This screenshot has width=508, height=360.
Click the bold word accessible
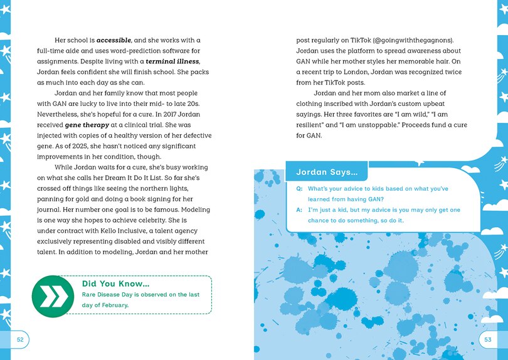pos(114,40)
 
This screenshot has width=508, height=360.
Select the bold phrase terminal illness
pos(172,61)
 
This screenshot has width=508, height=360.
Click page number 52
pos(20,339)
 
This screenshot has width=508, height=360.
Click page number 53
pos(488,339)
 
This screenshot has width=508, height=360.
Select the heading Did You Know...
pos(115,283)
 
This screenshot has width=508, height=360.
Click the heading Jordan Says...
pos(327,171)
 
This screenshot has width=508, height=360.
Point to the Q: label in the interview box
pos(299,189)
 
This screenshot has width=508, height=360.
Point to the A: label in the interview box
pos(299,209)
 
